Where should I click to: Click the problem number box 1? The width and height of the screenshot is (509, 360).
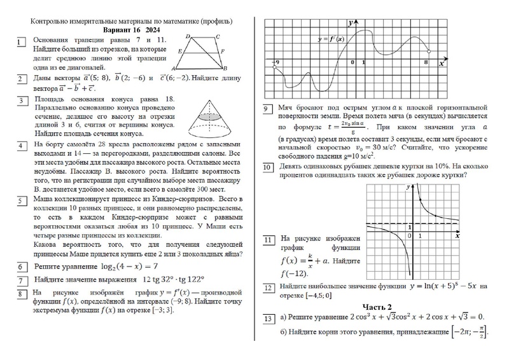tap(22, 43)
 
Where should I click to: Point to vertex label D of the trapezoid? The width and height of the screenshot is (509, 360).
tap(188, 38)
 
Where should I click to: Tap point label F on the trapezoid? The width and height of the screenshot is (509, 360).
tap(222, 51)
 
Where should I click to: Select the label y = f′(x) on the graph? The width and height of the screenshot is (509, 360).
tap(330, 39)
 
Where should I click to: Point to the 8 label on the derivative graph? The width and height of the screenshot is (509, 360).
tap(426, 62)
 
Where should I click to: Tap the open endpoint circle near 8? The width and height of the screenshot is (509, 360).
tap(429, 52)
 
